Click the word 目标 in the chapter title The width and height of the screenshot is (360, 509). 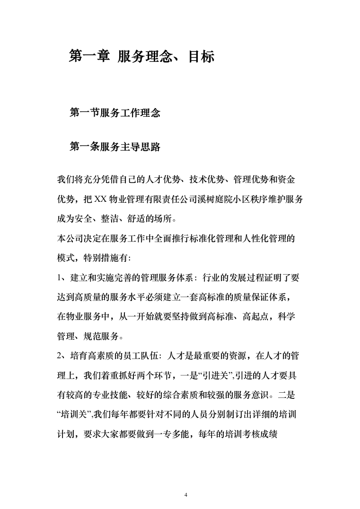coord(201,57)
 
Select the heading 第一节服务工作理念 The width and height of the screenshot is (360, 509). coord(115,113)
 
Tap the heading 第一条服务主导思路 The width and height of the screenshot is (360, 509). coord(115,147)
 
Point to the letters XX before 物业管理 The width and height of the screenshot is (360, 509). coord(101,199)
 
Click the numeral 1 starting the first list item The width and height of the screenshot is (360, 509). coord(59,279)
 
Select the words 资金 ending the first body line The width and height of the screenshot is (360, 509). coord(290,180)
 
